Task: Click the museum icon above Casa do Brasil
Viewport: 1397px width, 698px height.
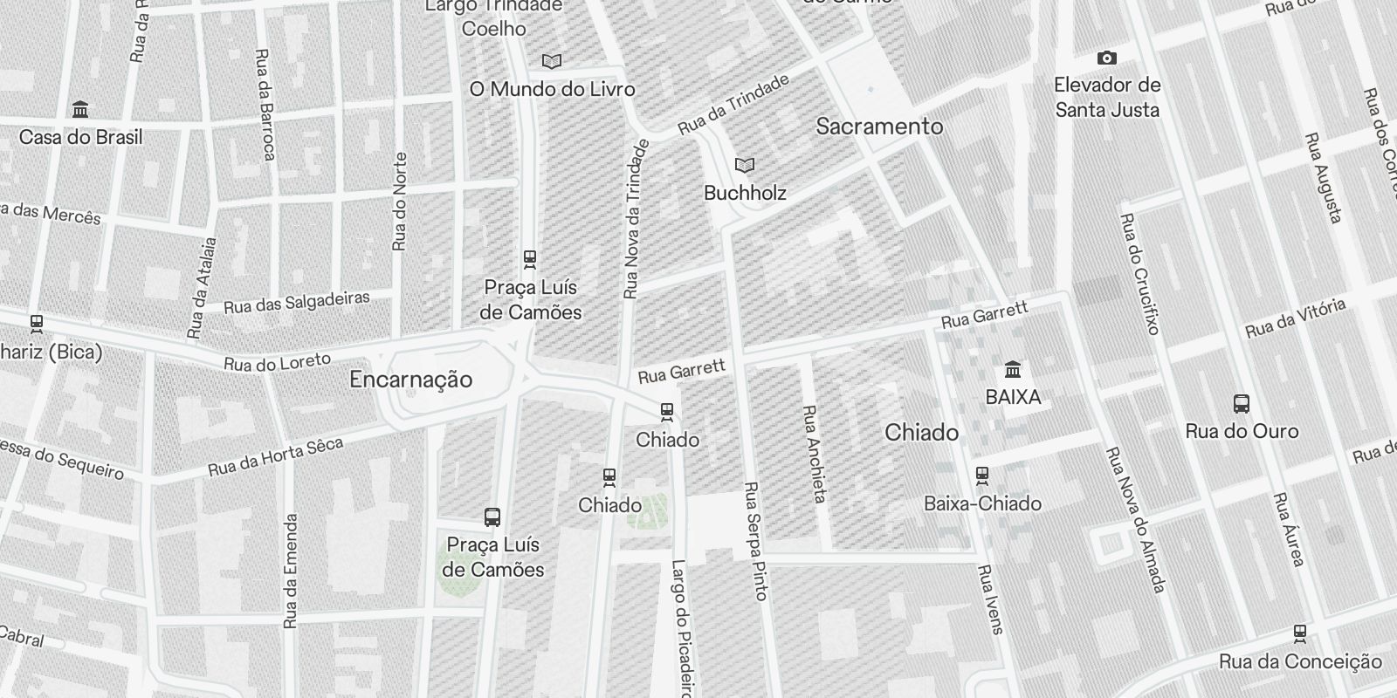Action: click(x=81, y=110)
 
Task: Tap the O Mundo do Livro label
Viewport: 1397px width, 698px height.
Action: click(x=552, y=89)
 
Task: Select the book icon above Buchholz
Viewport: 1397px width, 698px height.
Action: click(x=744, y=165)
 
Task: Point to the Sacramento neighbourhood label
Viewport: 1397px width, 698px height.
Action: click(x=879, y=127)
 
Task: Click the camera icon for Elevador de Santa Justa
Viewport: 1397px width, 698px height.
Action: click(x=1107, y=58)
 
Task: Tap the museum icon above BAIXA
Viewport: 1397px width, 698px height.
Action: click(x=1013, y=369)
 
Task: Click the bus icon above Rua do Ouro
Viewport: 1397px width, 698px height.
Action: click(x=1241, y=404)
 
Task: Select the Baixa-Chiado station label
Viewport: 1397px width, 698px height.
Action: click(x=982, y=503)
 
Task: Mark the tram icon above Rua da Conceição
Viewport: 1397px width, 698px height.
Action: click(x=1300, y=633)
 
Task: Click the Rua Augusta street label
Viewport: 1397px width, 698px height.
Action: click(x=1323, y=178)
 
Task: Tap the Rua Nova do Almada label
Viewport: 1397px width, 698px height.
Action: click(x=1135, y=520)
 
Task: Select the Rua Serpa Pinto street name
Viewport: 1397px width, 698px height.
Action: click(x=755, y=541)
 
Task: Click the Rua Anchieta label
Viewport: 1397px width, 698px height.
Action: click(x=814, y=454)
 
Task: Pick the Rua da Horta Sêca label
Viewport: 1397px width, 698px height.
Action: click(x=276, y=457)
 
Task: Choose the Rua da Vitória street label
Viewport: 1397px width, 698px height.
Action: click(x=1296, y=318)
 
